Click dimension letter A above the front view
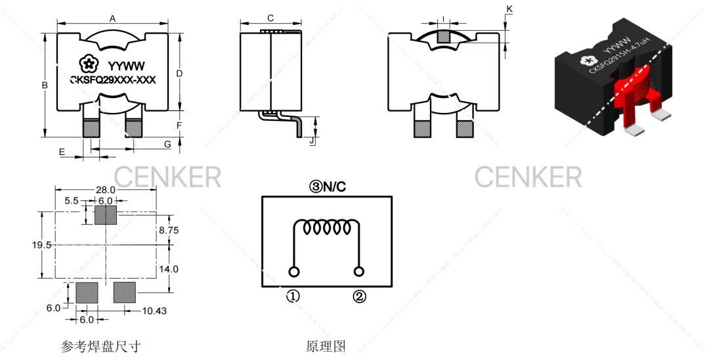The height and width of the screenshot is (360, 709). tap(112, 19)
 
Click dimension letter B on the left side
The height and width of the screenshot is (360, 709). tap(45, 85)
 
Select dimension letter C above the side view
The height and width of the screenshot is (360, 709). tap(270, 18)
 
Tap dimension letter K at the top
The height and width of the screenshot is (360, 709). tap(510, 8)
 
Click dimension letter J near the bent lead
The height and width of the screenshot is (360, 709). tap(312, 140)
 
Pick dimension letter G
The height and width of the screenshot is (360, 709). tap(167, 143)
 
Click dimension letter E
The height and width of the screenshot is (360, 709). tap(62, 152)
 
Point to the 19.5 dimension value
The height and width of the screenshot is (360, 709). tap(41, 244)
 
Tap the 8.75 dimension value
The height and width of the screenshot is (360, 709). tap(169, 231)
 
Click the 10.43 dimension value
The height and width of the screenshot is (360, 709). tap(155, 310)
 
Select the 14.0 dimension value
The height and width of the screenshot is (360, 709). tap(169, 269)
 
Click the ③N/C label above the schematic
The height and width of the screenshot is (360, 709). tap(328, 187)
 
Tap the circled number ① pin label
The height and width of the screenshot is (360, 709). tap(293, 296)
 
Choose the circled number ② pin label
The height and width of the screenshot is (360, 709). tap(359, 296)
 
